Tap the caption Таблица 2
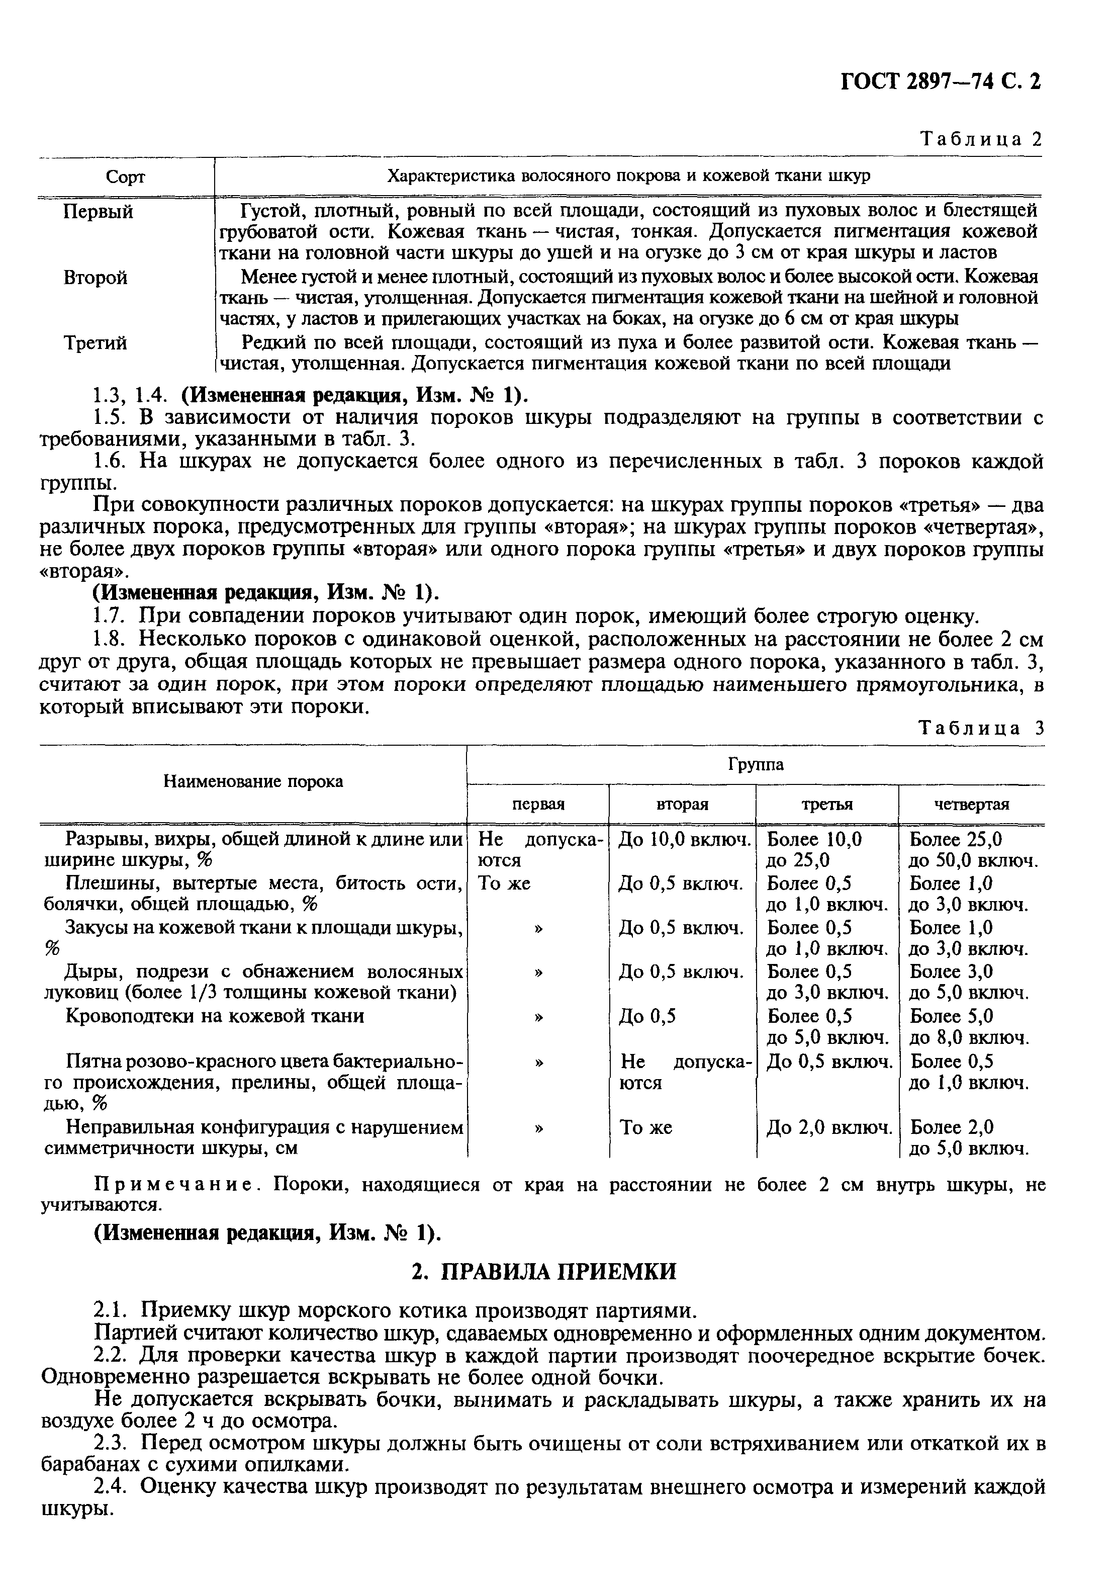[x=980, y=139]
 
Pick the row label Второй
[x=96, y=278]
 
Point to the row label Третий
[x=96, y=343]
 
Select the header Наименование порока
[x=253, y=781]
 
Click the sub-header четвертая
[x=971, y=805]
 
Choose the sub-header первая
[x=538, y=805]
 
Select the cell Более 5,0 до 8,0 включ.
[x=968, y=1027]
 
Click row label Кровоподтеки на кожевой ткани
[x=215, y=1016]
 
